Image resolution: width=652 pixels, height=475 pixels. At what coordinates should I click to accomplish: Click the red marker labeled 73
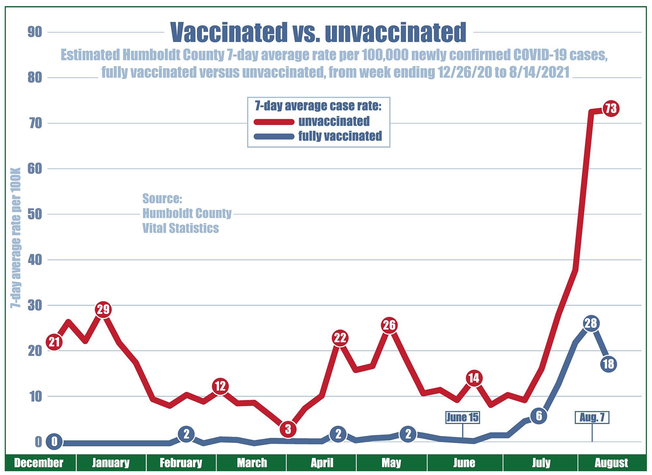tap(611, 108)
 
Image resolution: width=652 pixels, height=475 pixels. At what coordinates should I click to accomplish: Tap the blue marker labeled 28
tap(591, 323)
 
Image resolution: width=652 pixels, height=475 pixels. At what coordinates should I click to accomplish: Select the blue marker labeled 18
tap(608, 364)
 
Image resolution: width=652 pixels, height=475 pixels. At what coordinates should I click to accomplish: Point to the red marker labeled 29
tap(103, 309)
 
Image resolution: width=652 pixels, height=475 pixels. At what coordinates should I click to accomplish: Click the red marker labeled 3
tap(288, 429)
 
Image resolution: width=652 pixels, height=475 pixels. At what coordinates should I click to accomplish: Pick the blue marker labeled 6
tap(539, 416)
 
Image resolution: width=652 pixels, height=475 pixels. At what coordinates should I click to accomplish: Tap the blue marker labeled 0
tap(54, 442)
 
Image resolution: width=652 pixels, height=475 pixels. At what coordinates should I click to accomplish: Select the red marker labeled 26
tap(389, 325)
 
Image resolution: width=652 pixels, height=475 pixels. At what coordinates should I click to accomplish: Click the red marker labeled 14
tap(474, 378)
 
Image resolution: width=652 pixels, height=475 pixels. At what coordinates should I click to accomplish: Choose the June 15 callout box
tap(462, 417)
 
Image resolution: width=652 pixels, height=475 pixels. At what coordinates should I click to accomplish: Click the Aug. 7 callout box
tap(592, 417)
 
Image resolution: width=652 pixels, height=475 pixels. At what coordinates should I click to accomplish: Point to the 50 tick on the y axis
tap(35, 215)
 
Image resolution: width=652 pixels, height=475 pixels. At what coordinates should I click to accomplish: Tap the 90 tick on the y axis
tap(35, 32)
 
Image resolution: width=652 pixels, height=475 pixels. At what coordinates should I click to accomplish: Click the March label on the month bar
tap(252, 463)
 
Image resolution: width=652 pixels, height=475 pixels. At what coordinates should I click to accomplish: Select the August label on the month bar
tap(611, 463)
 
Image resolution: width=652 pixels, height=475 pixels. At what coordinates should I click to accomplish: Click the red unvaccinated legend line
tap(274, 122)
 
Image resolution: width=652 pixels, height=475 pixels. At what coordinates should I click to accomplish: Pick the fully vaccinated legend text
tap(340, 136)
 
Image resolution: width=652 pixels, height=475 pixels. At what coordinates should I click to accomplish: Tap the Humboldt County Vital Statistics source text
tap(186, 214)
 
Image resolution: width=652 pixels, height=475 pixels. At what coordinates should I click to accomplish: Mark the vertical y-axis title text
tap(16, 238)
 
